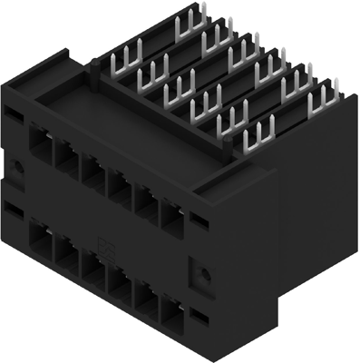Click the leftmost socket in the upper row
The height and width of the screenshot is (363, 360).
[41, 145]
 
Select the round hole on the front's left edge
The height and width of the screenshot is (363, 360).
[17, 166]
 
